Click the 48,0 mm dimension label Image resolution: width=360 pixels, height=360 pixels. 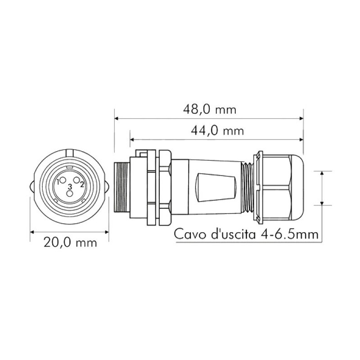210,110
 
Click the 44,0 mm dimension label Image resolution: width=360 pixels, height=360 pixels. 217,131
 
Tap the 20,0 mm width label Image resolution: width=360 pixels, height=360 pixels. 70,243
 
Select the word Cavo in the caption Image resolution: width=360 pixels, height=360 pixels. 190,234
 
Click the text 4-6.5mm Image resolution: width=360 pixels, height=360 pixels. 289,234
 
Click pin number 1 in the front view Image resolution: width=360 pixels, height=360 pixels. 58,181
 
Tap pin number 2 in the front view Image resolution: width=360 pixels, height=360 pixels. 82,184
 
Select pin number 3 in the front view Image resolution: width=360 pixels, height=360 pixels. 70,187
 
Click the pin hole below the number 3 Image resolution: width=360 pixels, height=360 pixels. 70,193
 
